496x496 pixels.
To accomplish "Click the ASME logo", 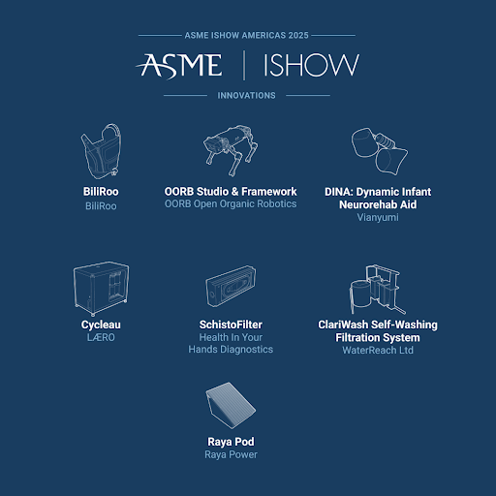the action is [178, 66].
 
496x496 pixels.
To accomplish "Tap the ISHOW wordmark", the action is [311, 65].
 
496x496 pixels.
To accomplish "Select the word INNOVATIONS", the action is [246, 96].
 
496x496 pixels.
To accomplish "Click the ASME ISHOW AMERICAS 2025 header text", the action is [246, 35].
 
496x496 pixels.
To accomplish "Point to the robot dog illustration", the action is [231, 150].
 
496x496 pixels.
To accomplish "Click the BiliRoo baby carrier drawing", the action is [101, 151].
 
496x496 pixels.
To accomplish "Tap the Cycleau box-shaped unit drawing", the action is [101, 289].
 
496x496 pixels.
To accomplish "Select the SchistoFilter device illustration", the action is [231, 287].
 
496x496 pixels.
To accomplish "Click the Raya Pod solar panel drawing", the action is [231, 406].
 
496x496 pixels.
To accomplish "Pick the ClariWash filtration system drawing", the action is [377, 290].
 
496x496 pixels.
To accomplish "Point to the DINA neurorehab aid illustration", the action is [379, 151].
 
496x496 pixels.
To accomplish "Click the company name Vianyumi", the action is [378, 217].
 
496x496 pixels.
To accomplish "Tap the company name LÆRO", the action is [101, 337].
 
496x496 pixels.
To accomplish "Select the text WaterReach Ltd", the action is [378, 350].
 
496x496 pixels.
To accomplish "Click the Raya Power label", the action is [231, 454].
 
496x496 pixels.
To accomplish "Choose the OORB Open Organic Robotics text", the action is [231, 204].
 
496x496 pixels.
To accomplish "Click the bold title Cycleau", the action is [101, 325].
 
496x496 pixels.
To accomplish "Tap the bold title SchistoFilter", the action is [231, 325].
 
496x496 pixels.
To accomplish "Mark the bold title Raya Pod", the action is [231, 442].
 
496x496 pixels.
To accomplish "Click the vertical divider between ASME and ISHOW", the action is [244, 65].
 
